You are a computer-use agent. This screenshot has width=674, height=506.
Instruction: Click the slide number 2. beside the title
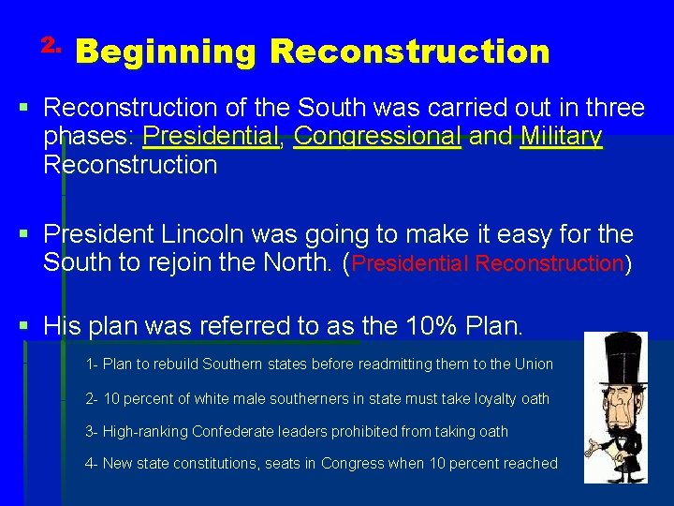51,44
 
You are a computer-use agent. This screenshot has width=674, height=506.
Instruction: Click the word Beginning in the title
166,52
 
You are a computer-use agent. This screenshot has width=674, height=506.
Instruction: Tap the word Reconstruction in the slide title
409,52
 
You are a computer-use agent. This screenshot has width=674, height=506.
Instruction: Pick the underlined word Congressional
377,137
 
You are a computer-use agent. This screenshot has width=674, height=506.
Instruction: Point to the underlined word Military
562,137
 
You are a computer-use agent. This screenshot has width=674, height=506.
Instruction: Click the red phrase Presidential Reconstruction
488,263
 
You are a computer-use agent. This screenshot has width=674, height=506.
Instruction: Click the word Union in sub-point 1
534,364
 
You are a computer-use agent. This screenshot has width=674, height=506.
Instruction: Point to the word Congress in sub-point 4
373,463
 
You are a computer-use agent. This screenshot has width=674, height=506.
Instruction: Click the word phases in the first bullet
88,137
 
